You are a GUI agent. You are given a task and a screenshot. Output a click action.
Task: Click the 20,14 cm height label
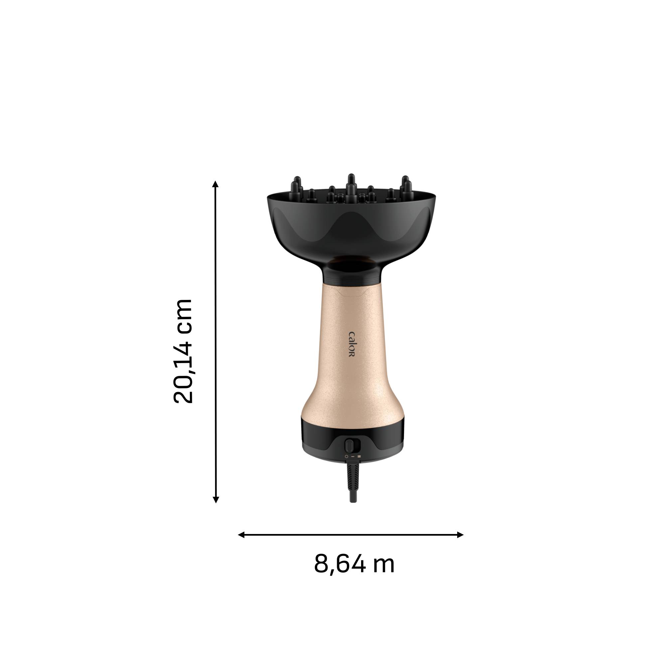(183, 351)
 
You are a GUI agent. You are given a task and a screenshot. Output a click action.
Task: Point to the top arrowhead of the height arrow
(215, 184)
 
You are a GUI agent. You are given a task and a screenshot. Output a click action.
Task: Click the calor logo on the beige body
(351, 344)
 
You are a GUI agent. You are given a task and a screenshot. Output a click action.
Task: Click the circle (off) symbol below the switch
(346, 457)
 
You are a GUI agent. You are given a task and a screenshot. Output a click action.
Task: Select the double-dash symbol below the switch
(359, 457)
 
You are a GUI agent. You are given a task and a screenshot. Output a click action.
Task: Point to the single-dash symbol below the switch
(353, 457)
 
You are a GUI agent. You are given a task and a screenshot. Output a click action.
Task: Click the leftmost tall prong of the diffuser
(297, 184)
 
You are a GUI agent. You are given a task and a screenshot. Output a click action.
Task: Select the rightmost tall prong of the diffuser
(405, 184)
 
